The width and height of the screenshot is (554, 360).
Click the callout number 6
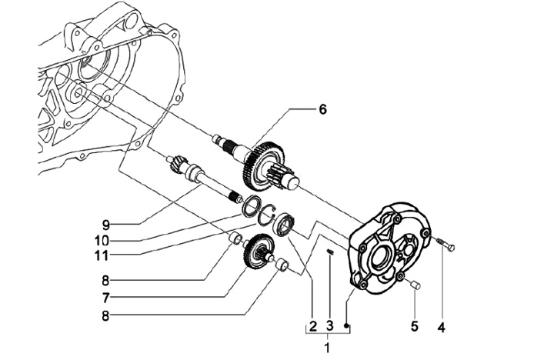322,109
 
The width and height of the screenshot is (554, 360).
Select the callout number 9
106,224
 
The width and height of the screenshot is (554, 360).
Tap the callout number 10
102,241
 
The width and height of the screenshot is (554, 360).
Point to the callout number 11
102,255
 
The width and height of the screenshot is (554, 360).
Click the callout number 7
105,298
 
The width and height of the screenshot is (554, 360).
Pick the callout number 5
415,325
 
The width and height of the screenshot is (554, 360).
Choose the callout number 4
442,327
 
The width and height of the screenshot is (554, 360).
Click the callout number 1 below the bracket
328,347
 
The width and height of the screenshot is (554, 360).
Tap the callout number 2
312,325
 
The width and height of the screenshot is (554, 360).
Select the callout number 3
329,325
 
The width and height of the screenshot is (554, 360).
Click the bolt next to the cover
446,244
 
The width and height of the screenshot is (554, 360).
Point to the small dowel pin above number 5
415,284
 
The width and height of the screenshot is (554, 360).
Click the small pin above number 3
330,252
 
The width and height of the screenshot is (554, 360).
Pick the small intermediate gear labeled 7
259,252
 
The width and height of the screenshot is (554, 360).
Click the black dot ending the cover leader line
347,325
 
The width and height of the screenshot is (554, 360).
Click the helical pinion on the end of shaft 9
175,163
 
